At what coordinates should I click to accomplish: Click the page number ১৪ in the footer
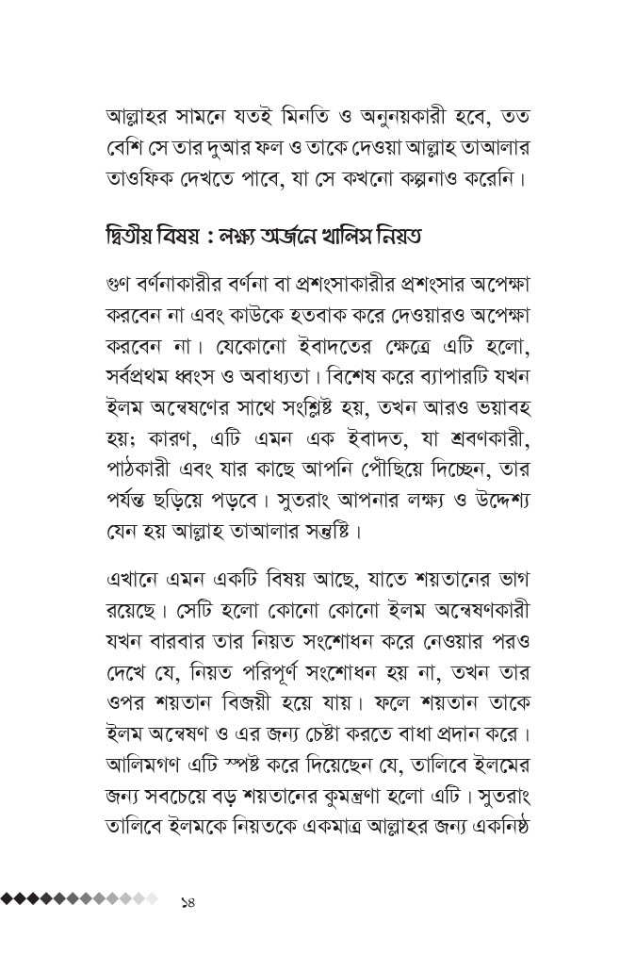click(187, 901)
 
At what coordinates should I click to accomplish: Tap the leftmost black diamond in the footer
click(7, 898)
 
